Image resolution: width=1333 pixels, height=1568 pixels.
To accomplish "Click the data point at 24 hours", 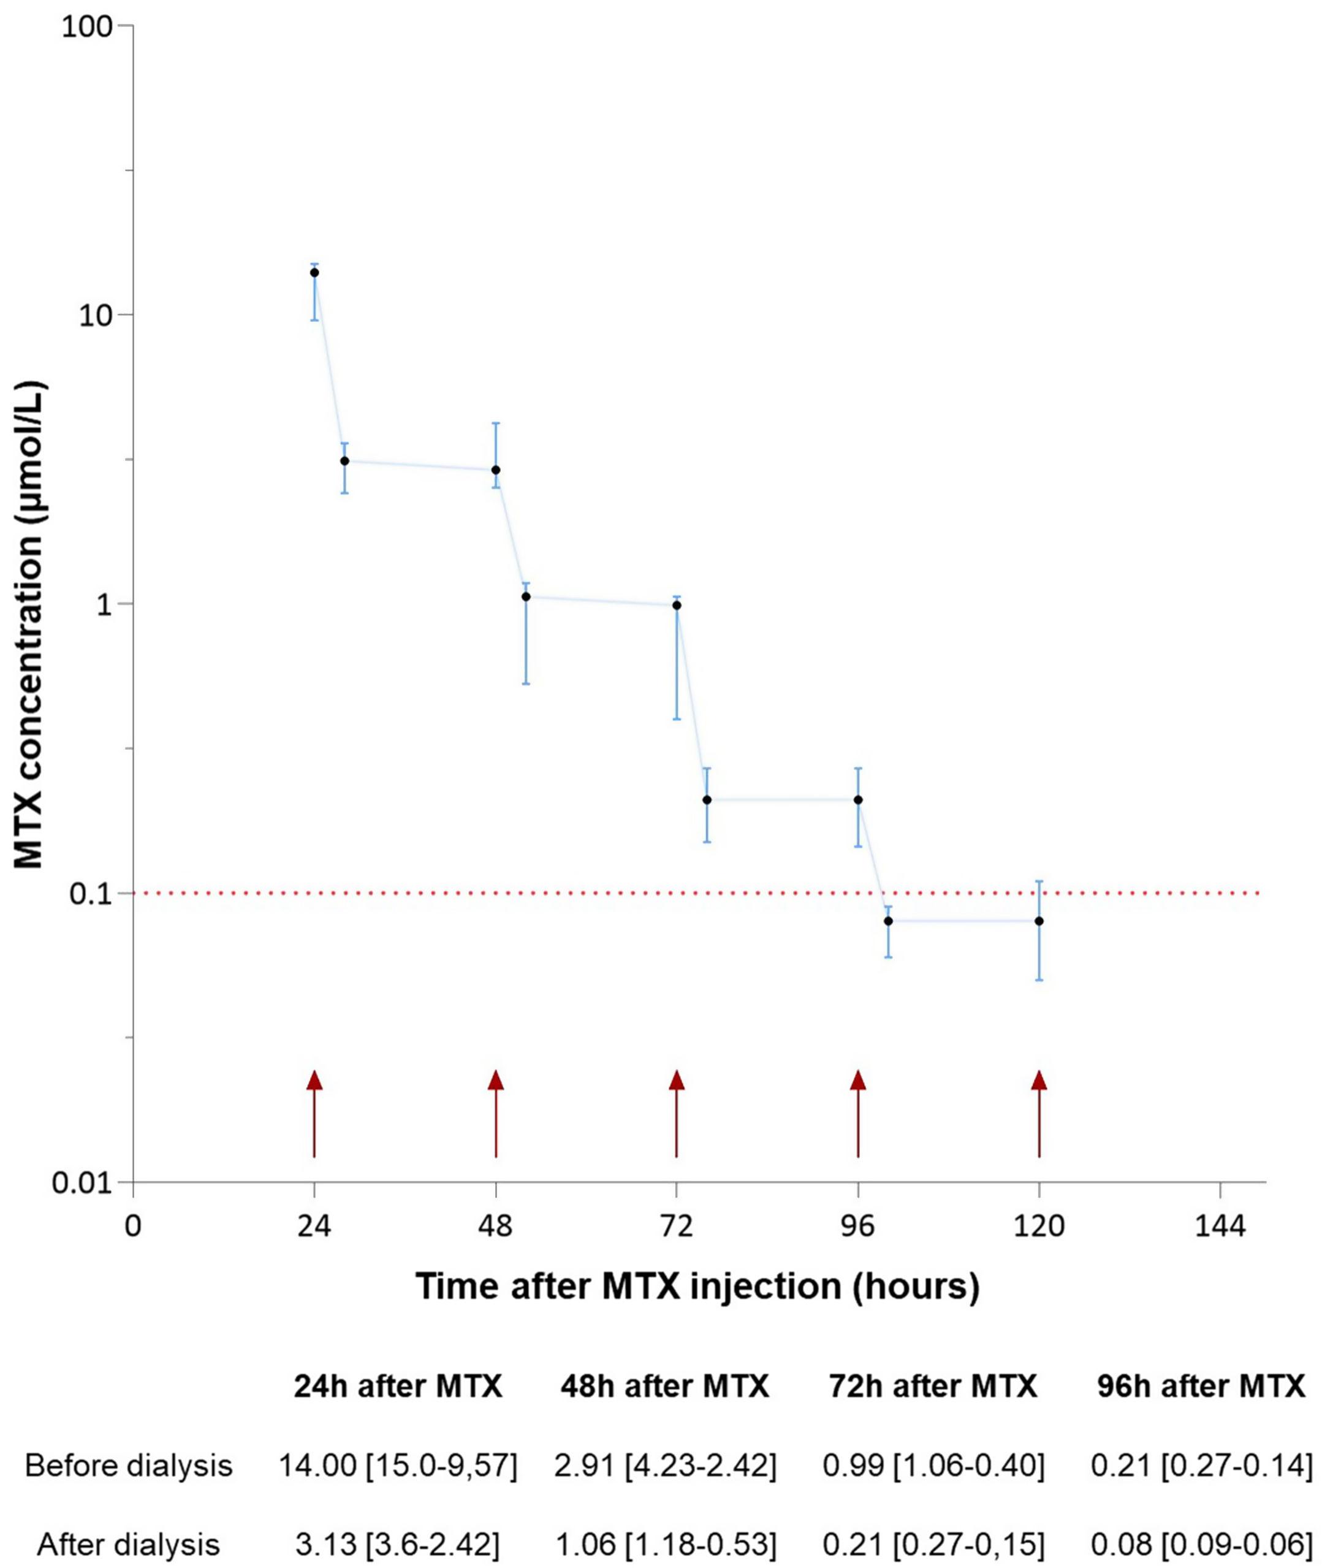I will coord(314,273).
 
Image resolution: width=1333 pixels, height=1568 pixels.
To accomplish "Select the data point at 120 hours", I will coord(1039,921).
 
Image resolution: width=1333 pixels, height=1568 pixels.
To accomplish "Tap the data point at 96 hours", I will coord(857,799).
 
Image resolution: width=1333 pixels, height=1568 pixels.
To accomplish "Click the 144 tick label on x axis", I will coord(1220,1226).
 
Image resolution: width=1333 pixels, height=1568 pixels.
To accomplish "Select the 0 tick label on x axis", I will coord(133,1226).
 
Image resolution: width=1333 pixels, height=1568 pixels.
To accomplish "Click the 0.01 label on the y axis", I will coord(82,1182).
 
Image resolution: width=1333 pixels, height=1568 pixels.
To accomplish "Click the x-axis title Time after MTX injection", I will coord(697,1285).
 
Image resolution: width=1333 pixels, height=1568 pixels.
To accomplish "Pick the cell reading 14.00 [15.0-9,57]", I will coord(398,1466).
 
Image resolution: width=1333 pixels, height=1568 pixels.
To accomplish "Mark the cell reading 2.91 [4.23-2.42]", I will coord(666,1466).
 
